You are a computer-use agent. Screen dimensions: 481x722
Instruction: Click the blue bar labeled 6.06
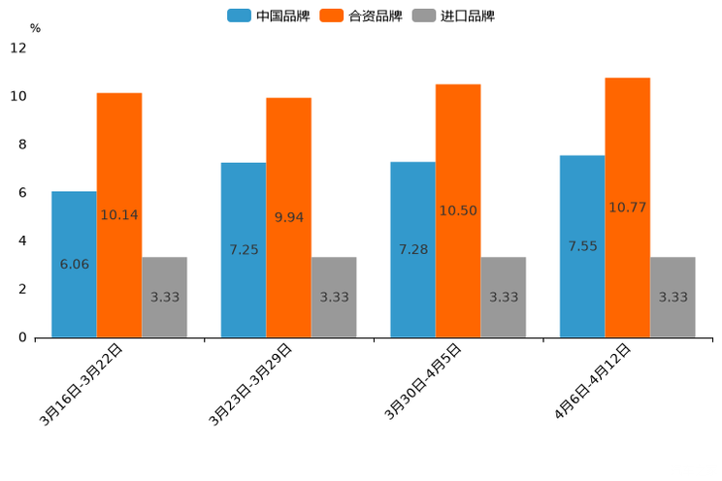(74, 264)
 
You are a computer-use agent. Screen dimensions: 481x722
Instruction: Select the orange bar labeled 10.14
(119, 214)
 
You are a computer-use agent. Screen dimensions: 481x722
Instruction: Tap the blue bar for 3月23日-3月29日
(244, 249)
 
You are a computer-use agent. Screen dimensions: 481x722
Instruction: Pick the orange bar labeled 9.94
(288, 217)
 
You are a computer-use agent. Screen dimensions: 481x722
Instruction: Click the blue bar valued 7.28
(412, 249)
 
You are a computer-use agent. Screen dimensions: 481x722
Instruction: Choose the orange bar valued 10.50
(458, 210)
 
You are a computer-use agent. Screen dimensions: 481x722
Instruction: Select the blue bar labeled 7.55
(582, 246)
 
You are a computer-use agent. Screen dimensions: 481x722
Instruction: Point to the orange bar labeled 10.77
(627, 207)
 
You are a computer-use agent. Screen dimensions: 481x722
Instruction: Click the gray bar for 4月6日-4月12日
(673, 297)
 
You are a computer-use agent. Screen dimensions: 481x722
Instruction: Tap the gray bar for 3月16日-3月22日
(164, 297)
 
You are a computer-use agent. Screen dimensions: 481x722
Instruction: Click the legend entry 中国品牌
(268, 16)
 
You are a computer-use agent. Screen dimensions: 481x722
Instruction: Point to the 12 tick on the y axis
(18, 48)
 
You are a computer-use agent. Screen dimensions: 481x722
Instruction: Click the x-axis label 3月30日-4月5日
(423, 382)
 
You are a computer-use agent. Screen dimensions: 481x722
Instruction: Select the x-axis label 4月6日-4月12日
(593, 382)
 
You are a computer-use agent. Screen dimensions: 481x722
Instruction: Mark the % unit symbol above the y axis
(35, 28)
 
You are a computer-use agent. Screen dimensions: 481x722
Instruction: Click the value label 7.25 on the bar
(244, 250)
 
